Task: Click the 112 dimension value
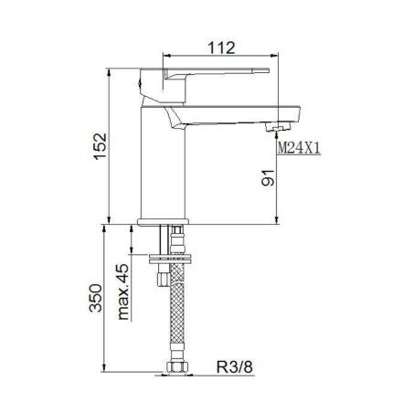[221, 48]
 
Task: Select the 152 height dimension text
[101, 146]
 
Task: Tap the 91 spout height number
[268, 177]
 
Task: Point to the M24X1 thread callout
[299, 148]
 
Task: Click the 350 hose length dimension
[96, 298]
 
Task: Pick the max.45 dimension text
[122, 291]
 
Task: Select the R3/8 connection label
[235, 366]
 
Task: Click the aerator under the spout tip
[278, 126]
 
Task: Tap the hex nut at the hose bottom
[177, 366]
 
